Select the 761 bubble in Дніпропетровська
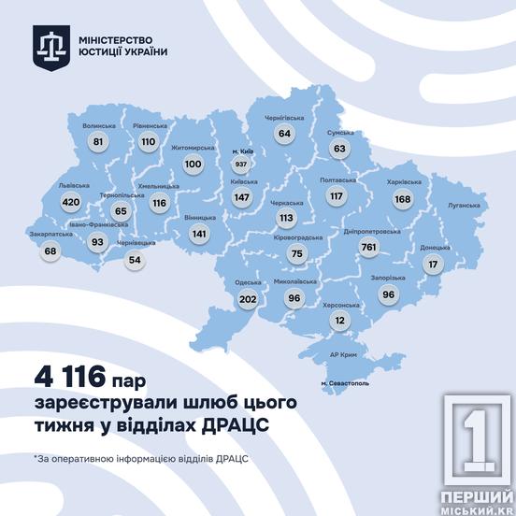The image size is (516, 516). click(x=369, y=247)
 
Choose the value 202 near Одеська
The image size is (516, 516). click(x=248, y=299)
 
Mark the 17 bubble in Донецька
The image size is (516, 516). click(x=432, y=265)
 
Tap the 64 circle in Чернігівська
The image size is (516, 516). click(x=284, y=135)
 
